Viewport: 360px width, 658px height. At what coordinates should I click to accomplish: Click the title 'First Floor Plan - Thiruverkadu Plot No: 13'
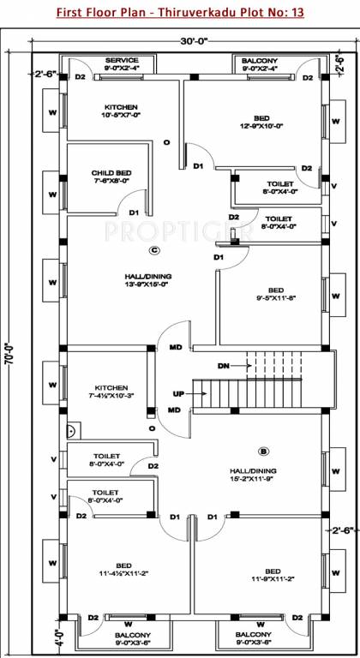(180, 13)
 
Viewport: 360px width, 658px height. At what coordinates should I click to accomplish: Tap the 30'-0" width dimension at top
(181, 41)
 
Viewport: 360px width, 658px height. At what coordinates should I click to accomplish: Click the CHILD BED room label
(110, 176)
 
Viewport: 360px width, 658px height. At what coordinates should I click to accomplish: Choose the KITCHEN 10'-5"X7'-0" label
(121, 111)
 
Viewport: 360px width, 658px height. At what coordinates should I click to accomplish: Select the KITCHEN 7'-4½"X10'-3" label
(111, 392)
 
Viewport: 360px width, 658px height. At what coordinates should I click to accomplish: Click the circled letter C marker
(154, 251)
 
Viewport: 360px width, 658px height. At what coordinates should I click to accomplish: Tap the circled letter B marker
(263, 451)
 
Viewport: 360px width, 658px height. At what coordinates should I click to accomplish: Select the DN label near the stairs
(224, 366)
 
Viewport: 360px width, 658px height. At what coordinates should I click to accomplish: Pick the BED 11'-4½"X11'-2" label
(123, 571)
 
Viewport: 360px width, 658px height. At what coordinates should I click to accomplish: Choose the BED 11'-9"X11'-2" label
(273, 575)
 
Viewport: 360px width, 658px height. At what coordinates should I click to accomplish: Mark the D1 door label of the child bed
(134, 212)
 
